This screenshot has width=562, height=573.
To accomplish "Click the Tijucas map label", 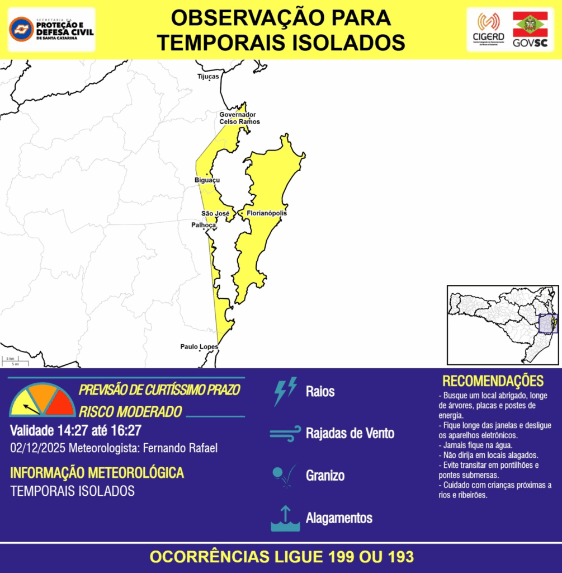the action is (x=208, y=76).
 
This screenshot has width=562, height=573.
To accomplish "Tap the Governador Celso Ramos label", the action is (x=239, y=118).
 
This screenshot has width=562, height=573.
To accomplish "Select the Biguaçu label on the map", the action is (x=207, y=180).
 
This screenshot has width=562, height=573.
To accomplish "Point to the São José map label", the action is (x=215, y=214).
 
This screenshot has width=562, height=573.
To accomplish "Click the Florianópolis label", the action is (x=267, y=213).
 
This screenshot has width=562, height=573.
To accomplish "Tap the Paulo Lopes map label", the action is (x=199, y=347).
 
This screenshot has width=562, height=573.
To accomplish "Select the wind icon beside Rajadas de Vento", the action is (x=285, y=434).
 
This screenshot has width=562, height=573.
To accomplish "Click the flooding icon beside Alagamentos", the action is (x=285, y=519).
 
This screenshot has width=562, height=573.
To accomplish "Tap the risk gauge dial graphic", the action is (x=42, y=400).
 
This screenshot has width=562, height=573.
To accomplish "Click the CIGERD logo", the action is (x=488, y=29).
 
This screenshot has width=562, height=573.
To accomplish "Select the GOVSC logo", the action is (x=530, y=29).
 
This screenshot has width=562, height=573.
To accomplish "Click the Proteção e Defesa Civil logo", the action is (x=51, y=29).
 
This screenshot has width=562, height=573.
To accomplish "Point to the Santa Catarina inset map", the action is (x=502, y=325).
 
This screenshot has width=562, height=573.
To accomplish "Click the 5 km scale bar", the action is (x=10, y=359).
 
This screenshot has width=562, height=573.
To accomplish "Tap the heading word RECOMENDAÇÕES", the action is (x=493, y=381).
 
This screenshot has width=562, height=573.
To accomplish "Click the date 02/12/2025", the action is (x=37, y=448).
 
